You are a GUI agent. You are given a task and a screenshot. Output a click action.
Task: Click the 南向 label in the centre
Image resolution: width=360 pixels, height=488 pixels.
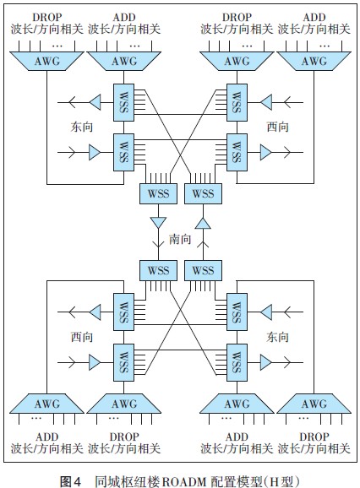[x=180, y=239]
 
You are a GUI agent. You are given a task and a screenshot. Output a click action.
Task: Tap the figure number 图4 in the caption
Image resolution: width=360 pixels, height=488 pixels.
[x=70, y=481]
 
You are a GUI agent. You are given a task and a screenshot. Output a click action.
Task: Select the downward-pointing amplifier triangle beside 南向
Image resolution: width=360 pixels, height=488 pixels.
[x=158, y=222]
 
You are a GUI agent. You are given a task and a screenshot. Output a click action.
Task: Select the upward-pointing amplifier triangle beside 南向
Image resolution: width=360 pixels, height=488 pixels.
[x=203, y=223]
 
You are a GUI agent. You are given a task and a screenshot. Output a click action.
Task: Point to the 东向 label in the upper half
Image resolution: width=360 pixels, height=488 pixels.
[x=82, y=127]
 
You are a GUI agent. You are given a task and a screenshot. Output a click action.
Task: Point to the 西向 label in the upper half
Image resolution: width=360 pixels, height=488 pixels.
[x=277, y=127]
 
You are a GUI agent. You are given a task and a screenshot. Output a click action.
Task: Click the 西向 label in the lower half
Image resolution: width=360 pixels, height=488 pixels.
[x=82, y=337]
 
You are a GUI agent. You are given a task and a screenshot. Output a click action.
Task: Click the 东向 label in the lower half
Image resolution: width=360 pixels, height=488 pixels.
[x=277, y=337]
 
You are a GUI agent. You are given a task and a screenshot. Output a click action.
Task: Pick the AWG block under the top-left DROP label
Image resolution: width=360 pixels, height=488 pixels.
[x=46, y=61]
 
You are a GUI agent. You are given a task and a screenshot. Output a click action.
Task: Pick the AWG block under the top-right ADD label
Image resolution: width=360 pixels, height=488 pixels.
[x=314, y=61]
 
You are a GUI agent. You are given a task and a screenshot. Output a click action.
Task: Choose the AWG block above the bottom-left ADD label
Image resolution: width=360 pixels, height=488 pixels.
[x=46, y=404]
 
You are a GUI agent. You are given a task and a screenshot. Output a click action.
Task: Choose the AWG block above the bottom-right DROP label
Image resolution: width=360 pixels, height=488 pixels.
[x=314, y=404]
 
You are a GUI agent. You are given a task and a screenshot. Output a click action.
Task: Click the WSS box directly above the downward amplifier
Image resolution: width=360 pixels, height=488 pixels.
[x=158, y=193]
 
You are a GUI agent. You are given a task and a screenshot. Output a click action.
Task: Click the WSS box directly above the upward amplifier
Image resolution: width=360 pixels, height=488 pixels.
[x=203, y=193]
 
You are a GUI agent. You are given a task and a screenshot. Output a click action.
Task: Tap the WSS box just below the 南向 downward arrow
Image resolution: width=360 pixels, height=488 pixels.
[x=158, y=270]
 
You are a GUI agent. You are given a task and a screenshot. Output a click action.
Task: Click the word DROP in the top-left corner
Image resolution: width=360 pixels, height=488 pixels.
[x=46, y=17]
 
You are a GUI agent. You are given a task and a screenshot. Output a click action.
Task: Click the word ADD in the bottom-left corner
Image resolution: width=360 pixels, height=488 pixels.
[x=46, y=437]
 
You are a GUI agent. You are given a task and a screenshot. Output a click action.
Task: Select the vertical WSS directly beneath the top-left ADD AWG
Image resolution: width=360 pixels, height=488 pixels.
[x=123, y=102]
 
